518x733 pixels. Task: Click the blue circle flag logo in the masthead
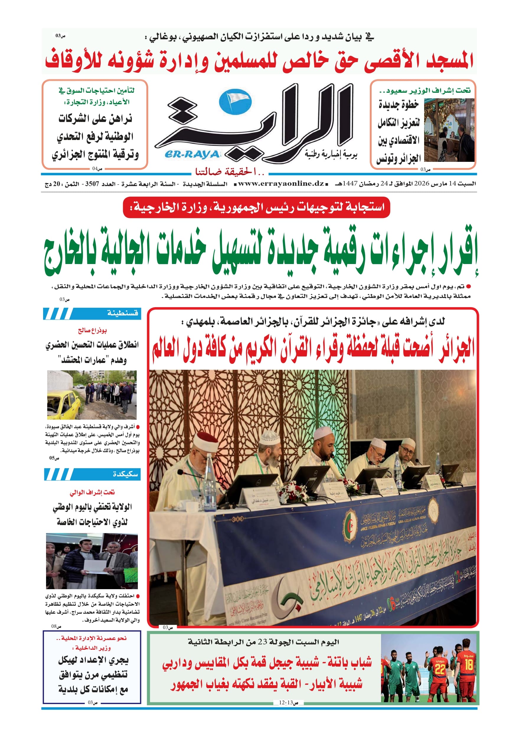tap(235, 102)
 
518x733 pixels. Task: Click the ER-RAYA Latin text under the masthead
tap(192, 155)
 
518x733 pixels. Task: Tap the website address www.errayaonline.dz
tap(281, 184)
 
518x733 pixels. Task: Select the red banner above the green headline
tap(256, 208)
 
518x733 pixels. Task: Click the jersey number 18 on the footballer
tap(468, 665)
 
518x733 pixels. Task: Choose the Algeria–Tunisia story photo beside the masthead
tap(449, 130)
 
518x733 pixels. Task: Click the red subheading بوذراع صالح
tap(92, 330)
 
